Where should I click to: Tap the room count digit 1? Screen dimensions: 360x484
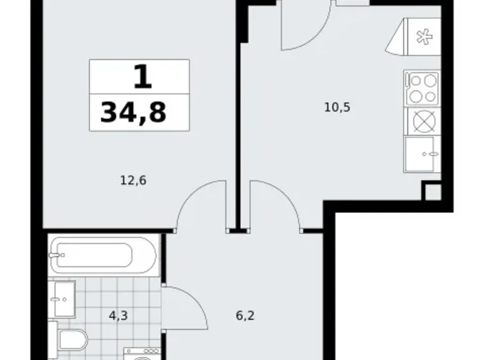tap(141, 78)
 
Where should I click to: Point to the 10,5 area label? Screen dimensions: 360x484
tap(338, 107)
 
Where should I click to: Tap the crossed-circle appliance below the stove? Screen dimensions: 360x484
tap(421, 120)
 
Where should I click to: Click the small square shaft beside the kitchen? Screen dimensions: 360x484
tap(433, 192)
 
